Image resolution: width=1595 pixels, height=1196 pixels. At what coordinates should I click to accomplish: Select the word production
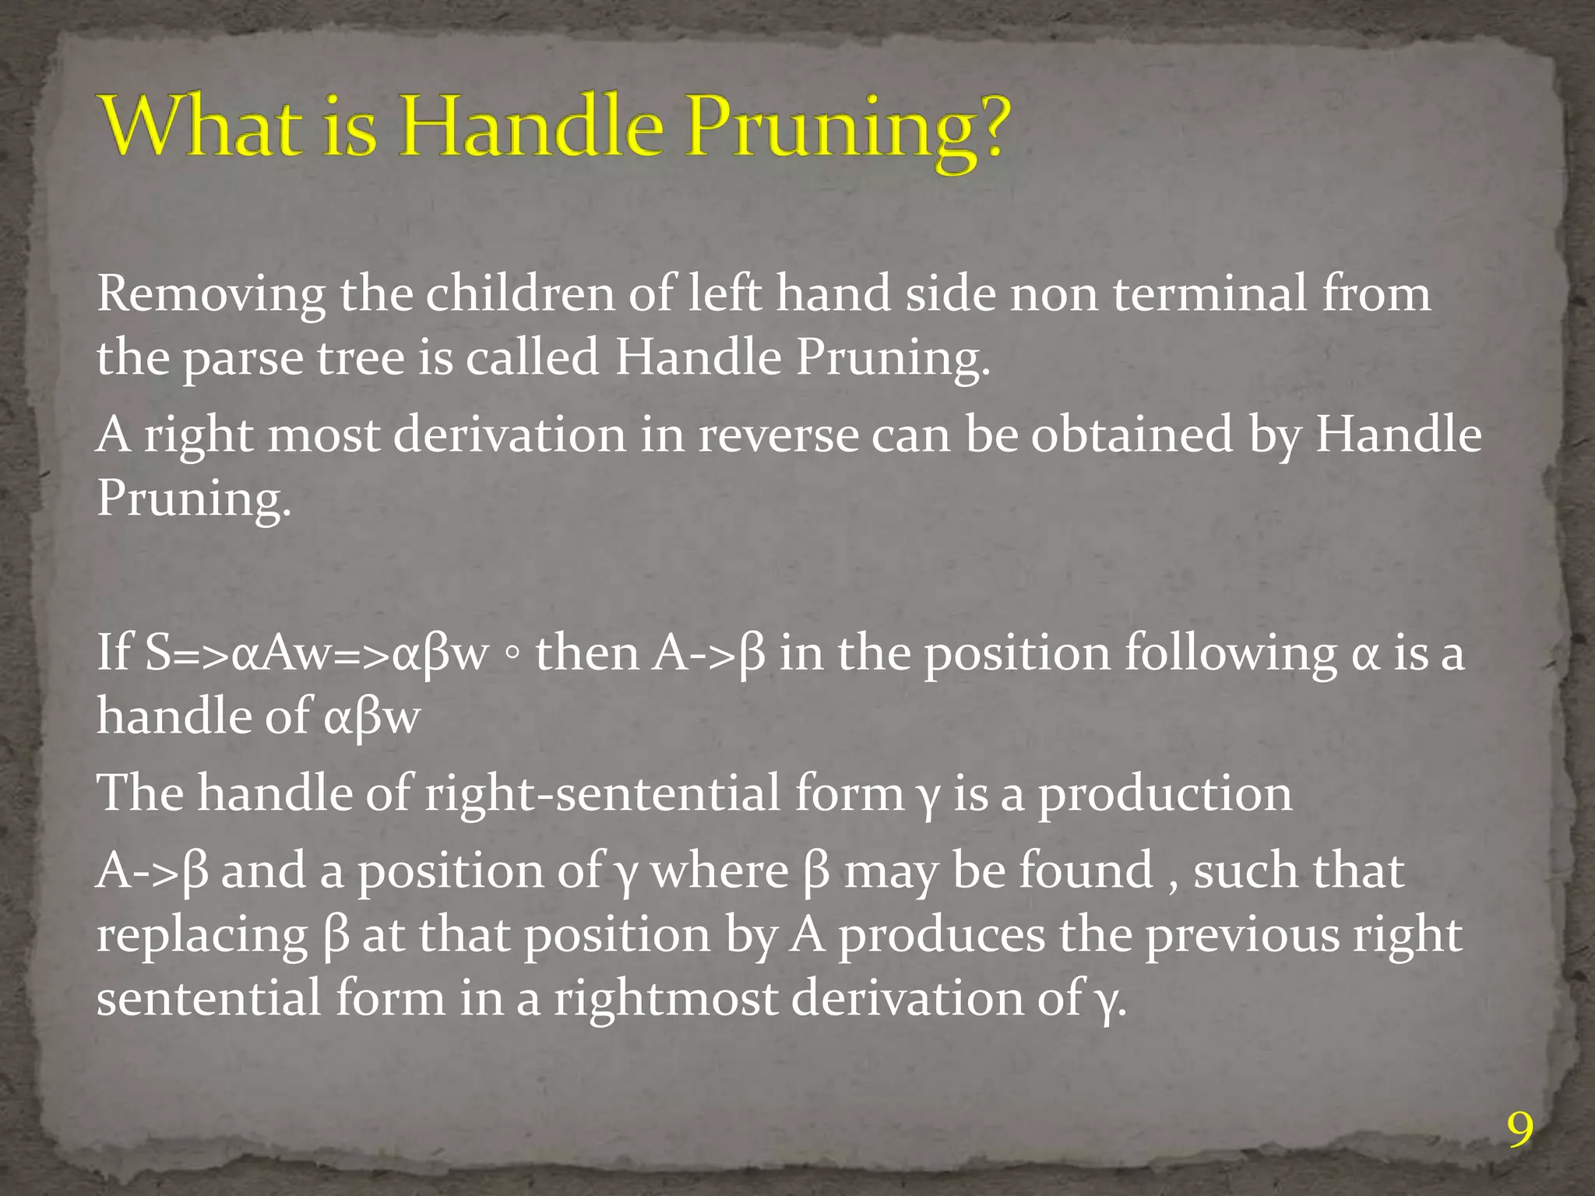(x=1164, y=793)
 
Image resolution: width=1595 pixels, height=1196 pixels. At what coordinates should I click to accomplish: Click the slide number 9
(x=1519, y=1131)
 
